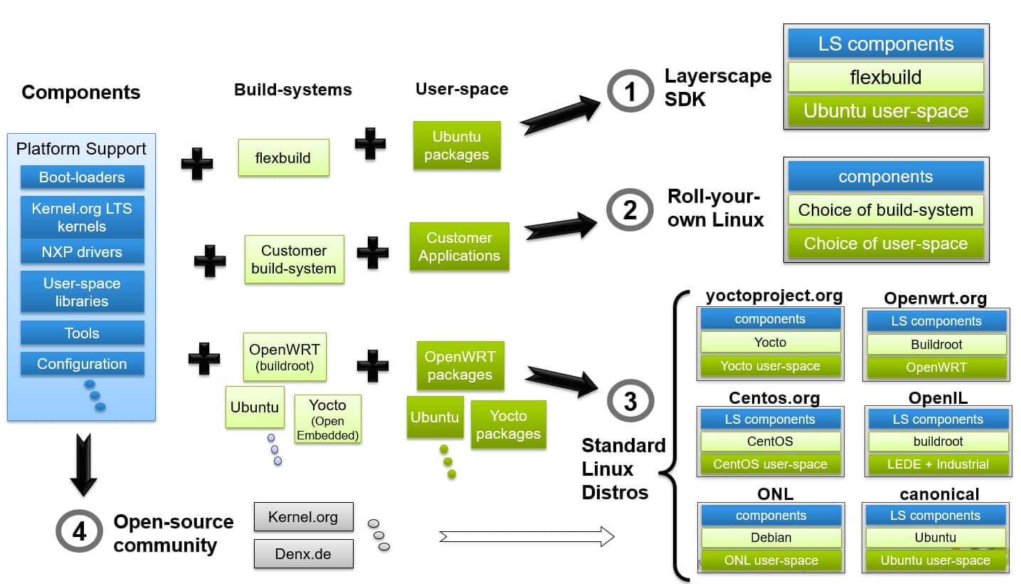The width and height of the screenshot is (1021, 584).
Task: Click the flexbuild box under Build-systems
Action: point(283,157)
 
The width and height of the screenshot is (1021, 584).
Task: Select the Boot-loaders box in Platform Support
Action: point(82,177)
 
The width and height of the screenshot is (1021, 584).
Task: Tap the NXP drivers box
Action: point(82,251)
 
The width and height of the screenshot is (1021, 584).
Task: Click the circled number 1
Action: point(630,92)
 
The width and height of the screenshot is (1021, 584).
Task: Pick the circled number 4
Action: point(79,532)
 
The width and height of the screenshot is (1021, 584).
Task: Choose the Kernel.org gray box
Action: point(303,517)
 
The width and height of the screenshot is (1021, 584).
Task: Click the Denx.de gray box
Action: point(303,553)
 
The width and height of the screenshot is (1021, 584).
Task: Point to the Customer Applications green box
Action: point(459,247)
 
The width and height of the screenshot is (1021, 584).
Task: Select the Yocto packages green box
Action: point(508,424)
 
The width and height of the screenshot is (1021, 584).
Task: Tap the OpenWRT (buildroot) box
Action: point(284,356)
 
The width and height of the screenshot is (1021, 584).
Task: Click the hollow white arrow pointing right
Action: point(527,536)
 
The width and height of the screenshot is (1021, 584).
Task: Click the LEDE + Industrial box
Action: point(938,464)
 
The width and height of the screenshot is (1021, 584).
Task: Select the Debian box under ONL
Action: point(771,538)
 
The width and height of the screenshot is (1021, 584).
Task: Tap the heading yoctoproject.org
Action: point(774,296)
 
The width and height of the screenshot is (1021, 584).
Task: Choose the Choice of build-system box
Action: point(885,210)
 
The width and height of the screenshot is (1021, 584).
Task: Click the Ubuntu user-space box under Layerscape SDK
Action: point(885,111)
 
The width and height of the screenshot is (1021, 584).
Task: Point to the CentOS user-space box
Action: point(771,464)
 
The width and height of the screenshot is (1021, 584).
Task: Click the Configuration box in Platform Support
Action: point(82,364)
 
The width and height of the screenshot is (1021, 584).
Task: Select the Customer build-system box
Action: point(294,260)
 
